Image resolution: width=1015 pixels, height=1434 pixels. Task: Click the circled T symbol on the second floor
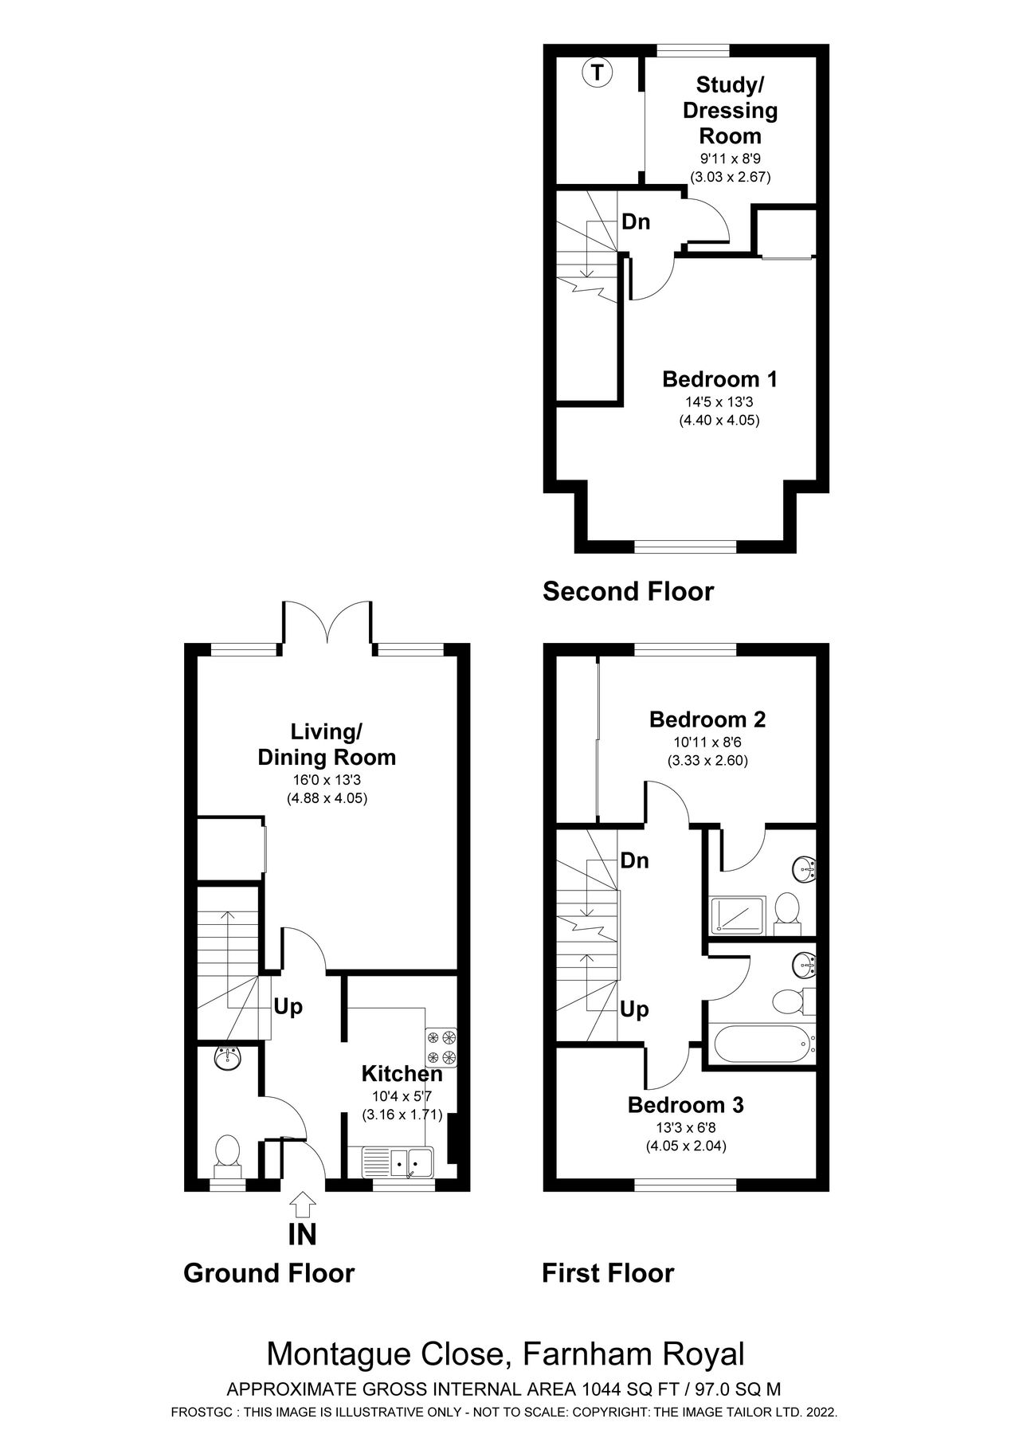597,73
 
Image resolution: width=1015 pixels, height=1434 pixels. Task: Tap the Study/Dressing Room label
730,110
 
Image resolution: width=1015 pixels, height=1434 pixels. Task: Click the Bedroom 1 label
719,379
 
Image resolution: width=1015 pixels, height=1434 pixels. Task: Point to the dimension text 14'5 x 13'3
719,402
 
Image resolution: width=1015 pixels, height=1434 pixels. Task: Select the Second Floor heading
628,592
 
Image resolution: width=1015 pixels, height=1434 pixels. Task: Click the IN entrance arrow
303,1205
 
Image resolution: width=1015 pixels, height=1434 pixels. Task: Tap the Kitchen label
402,1073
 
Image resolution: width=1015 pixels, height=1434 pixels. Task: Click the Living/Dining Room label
327,744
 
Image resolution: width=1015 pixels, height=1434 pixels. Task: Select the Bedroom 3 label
685,1105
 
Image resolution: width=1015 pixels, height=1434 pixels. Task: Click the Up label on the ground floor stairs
288,1007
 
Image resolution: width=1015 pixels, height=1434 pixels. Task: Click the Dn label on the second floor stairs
636,222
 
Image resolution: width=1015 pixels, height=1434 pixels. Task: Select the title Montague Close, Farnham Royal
505,1354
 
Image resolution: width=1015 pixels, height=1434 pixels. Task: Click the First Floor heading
607,1273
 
